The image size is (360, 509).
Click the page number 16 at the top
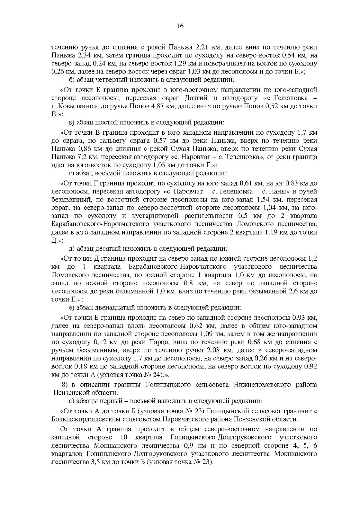[180, 26]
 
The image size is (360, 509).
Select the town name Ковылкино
[76, 106]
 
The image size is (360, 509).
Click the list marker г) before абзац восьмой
[71, 173]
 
